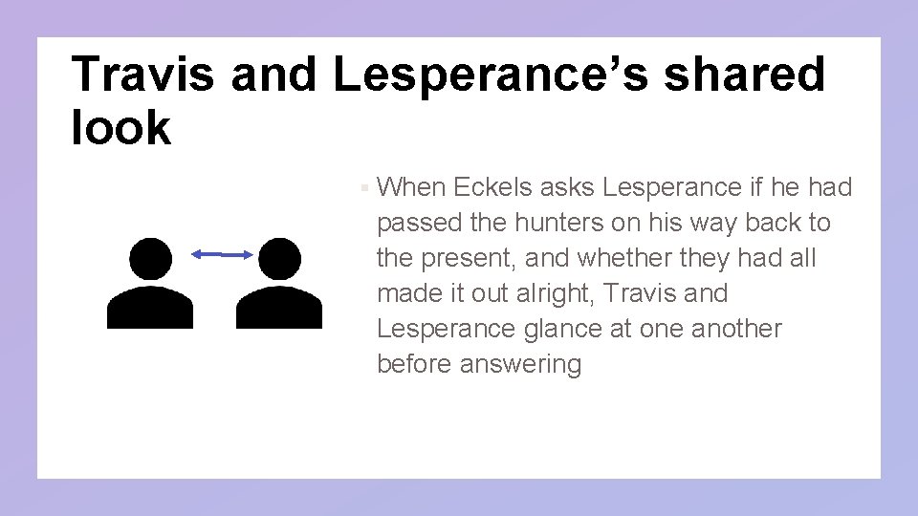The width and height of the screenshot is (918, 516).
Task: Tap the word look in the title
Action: (x=120, y=127)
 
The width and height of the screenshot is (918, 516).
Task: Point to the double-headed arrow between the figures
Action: (x=222, y=254)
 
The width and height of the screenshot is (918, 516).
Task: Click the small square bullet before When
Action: (x=366, y=188)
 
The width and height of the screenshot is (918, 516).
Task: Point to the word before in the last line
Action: (x=416, y=364)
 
